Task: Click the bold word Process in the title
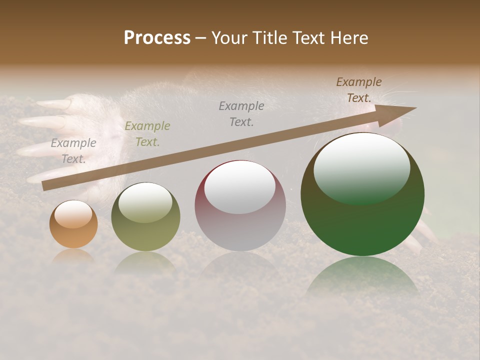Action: coord(157,38)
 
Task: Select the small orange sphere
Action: coord(73,224)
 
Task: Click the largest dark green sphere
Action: coord(362,195)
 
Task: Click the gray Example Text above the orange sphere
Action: coord(73,151)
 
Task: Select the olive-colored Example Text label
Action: coord(147,134)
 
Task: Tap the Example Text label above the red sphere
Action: coord(241,114)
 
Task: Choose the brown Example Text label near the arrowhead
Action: coord(359,89)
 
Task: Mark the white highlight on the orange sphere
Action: coord(73,214)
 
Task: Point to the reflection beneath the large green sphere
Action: coord(362,277)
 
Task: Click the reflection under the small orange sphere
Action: coord(73,256)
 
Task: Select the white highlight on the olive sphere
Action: coord(145,202)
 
